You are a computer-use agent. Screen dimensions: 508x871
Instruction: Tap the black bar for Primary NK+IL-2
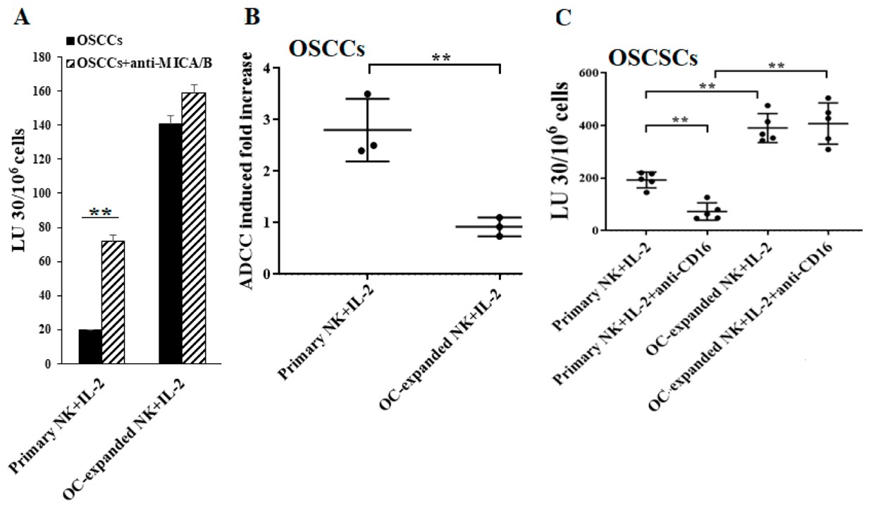point(90,346)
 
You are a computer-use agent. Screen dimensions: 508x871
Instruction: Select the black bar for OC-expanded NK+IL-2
point(170,243)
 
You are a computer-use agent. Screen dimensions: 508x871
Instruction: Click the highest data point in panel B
point(367,94)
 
